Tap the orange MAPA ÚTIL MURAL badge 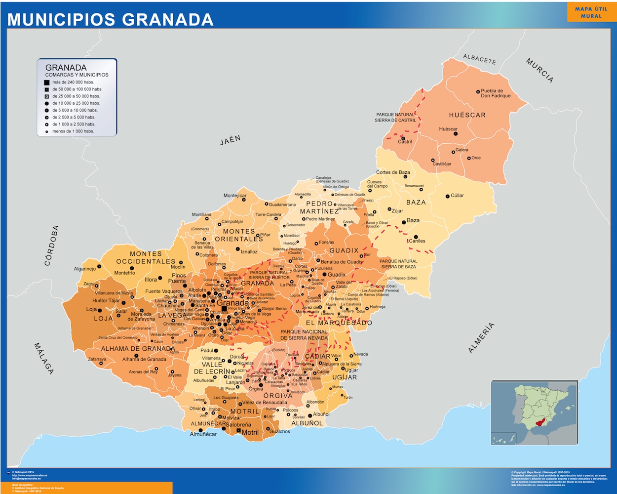pos(591,12)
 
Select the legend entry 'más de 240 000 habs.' pos(73,82)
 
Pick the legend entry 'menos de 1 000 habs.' pos(73,131)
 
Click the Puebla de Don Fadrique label pos(496,93)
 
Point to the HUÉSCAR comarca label pos(467,115)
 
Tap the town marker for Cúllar pos(447,196)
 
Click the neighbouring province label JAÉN pos(230,140)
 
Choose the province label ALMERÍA pos(481,338)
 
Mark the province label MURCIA pos(540,70)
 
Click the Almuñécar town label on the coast pos(203,434)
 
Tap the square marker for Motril pos(239,431)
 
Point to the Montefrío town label pos(124,273)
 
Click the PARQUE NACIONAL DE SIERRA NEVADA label pos(304,335)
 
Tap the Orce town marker pos(469,158)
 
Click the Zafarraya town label pos(97,360)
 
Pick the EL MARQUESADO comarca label pos(339,323)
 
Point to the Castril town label pos(405,142)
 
